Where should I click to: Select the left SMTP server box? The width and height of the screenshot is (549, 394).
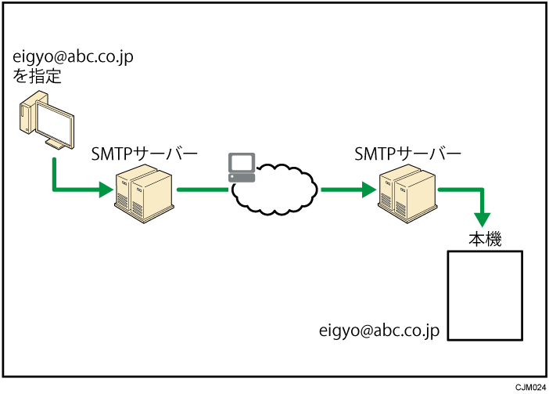(x=142, y=195)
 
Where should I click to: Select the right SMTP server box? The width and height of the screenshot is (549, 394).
(x=406, y=195)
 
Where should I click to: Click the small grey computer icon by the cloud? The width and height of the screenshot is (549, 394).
(x=240, y=167)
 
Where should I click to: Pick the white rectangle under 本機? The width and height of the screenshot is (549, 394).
(x=484, y=295)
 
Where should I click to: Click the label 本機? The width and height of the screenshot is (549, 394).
(x=484, y=238)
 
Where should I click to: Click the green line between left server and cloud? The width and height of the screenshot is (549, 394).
(x=201, y=189)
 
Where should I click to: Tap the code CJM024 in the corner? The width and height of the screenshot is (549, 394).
(x=528, y=387)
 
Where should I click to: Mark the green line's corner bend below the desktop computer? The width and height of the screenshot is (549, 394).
(x=54, y=189)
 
